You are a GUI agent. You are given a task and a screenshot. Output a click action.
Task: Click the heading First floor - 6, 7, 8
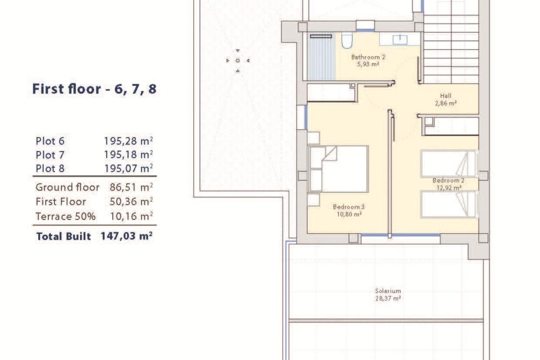(x=94, y=89)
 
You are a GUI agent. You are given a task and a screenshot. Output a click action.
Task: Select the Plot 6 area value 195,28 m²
(x=128, y=141)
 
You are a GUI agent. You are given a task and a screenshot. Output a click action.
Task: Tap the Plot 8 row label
(x=50, y=168)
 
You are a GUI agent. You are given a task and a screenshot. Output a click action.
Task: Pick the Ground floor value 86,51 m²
(x=131, y=187)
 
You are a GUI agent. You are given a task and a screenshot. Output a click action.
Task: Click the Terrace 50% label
(x=66, y=217)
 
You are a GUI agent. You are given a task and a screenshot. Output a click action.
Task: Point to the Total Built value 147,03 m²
(x=127, y=236)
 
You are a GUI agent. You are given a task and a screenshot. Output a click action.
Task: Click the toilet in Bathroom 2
(x=347, y=40)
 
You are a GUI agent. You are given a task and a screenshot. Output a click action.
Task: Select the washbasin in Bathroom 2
(x=400, y=39)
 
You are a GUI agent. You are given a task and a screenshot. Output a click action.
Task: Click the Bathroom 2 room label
(x=368, y=57)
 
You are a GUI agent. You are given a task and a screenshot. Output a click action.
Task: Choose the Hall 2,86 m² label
(x=446, y=100)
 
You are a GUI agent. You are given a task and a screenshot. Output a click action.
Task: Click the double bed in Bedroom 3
(x=339, y=169)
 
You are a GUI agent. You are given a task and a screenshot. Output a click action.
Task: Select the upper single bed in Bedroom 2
(x=449, y=164)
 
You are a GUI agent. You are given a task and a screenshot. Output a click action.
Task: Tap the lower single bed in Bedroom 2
(x=449, y=204)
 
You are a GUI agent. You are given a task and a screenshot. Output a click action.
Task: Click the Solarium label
(x=388, y=291)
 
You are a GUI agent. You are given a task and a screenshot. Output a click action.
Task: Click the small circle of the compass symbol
(x=238, y=61)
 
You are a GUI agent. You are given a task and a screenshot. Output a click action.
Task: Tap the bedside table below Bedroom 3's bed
(x=313, y=200)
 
